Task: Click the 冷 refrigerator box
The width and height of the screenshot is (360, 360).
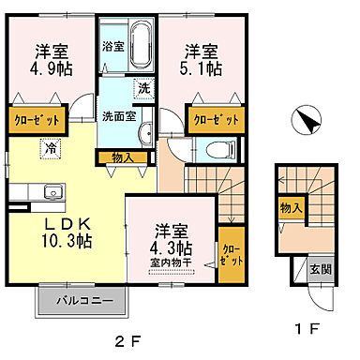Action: click(x=48, y=147)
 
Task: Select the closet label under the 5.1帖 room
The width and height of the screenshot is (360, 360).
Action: click(x=217, y=119)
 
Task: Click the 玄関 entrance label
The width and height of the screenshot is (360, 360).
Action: click(x=321, y=270)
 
